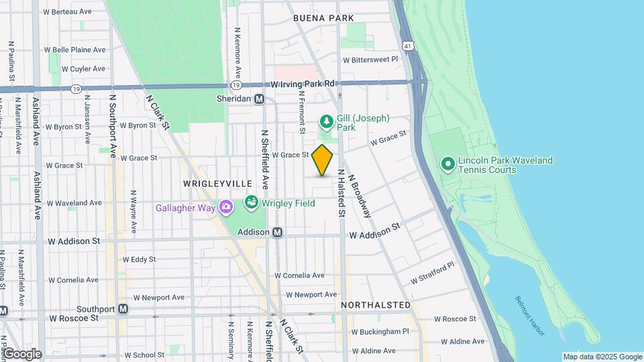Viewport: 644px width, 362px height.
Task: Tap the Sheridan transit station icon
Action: [259, 99]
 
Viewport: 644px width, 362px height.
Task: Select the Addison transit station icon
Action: [278, 232]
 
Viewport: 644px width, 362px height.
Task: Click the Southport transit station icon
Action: [123, 309]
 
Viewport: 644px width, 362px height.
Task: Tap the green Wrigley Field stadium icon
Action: [252, 202]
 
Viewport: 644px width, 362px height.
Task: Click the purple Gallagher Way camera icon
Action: [227, 207]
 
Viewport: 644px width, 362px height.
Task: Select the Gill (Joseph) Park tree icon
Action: [326, 122]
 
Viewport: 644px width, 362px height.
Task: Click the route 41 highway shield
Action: [408, 46]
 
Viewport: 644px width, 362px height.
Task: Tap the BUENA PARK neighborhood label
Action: [323, 19]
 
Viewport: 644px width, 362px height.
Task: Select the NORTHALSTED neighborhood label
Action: [376, 305]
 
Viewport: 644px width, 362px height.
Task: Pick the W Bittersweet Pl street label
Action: [370, 59]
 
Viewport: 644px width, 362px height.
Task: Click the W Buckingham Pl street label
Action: [380, 331]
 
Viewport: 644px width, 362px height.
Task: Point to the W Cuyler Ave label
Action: [83, 68]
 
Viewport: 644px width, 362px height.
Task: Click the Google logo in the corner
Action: [22, 354]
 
